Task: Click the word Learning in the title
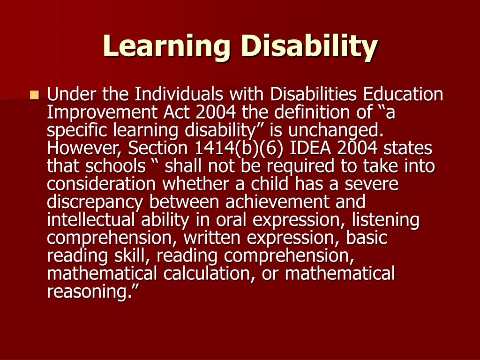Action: [x=166, y=46]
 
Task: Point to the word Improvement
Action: [x=102, y=113]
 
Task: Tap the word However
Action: [x=85, y=148]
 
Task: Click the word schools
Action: [x=115, y=166]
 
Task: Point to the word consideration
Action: [x=101, y=184]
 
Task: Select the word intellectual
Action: [x=91, y=220]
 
